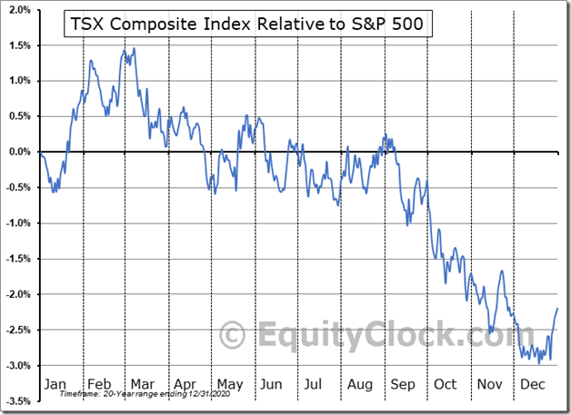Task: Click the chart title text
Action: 245,25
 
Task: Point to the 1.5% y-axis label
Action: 17,45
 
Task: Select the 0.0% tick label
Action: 17,152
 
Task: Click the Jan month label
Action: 55,384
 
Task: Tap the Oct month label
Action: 445,384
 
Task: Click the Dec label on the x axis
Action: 532,384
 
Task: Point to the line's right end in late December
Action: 557,309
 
